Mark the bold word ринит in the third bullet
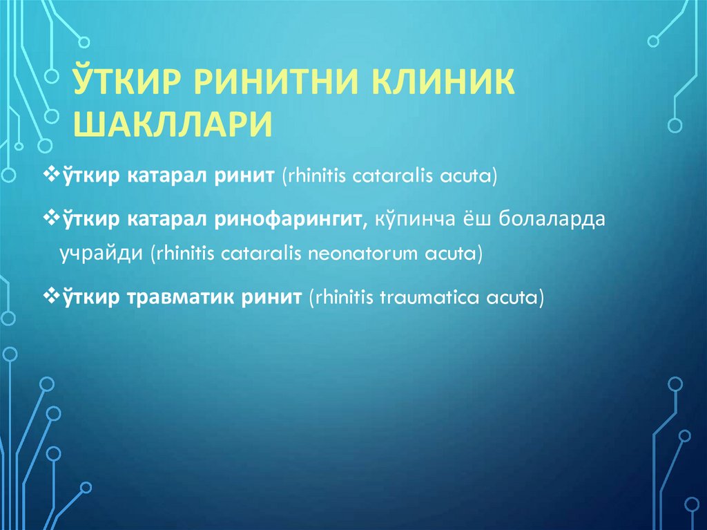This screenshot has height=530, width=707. click(272, 298)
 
